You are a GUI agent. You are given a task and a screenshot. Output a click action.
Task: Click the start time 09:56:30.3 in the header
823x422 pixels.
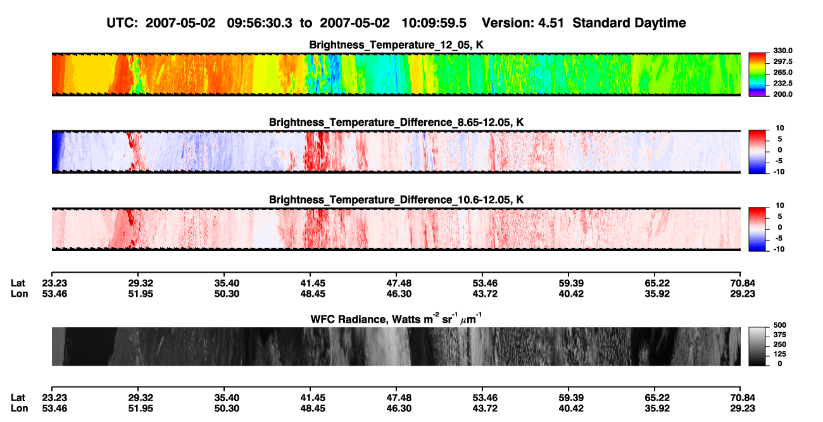pos(260,23)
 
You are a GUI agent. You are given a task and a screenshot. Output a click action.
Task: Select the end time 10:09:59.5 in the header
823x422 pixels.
pos(434,23)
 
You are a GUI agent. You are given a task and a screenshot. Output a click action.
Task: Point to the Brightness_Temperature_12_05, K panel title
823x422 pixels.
pos(396,45)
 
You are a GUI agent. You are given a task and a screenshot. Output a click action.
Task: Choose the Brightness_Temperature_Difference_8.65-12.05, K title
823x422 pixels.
pos(396,122)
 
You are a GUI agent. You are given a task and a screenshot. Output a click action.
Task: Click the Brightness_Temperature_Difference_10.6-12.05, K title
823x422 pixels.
pos(396,200)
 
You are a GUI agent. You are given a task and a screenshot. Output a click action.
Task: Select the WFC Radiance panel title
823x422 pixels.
pos(396,319)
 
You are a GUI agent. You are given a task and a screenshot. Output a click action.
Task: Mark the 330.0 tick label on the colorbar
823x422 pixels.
pos(782,51)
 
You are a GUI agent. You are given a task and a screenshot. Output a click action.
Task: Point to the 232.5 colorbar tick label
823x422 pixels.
pos(782,84)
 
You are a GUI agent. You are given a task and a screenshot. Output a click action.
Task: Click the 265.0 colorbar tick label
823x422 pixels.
pos(782,72)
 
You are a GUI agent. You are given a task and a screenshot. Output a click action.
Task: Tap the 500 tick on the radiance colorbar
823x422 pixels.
pos(780,325)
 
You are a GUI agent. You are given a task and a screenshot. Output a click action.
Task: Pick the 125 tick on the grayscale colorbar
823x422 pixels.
pos(780,354)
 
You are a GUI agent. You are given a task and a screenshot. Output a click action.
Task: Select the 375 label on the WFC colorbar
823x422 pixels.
pos(780,335)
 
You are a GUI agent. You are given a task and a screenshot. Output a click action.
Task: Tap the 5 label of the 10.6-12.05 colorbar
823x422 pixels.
pos(780,216)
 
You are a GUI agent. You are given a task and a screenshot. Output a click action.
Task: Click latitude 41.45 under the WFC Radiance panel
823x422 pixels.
pos(313,398)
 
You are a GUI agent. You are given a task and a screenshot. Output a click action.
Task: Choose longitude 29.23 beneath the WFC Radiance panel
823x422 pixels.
pos(743,409)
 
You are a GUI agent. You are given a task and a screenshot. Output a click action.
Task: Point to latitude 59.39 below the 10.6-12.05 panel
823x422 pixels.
pos(571,283)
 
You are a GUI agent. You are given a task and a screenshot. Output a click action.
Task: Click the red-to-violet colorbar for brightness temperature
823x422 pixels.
pos(757,75)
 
